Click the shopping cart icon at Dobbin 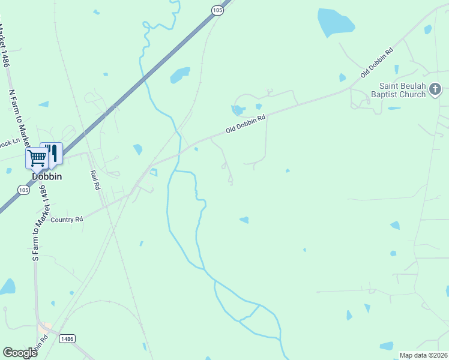[37, 158]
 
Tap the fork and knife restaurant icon [52, 152]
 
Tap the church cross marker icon [435, 90]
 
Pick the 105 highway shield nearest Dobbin [23, 190]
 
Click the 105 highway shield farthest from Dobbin [217, 10]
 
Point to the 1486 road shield [67, 339]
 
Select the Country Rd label [67, 220]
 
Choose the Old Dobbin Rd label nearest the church [376, 62]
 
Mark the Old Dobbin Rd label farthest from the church [246, 125]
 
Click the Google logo [20, 352]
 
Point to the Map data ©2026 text [423, 355]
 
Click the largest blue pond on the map [335, 22]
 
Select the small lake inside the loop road [238, 110]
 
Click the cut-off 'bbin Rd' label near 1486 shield [40, 347]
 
